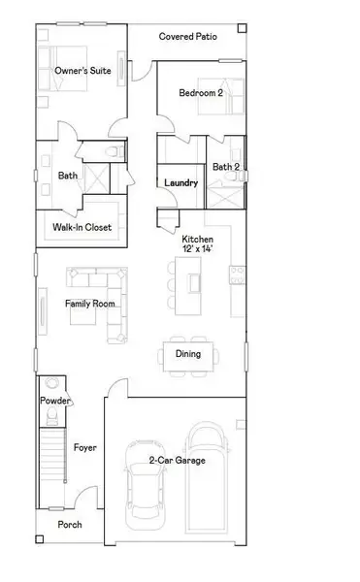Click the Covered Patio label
tap(189, 37)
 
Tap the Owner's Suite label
tap(82, 70)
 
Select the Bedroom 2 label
tap(201, 93)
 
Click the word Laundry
tap(181, 182)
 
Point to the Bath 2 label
tap(226, 167)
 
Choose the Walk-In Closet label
tap(82, 228)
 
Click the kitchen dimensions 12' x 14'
tap(197, 249)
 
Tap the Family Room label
tap(90, 304)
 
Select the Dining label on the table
tap(188, 354)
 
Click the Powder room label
tap(53, 401)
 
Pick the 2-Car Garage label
tap(177, 459)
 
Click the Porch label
tap(69, 525)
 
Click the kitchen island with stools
tap(195, 282)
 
